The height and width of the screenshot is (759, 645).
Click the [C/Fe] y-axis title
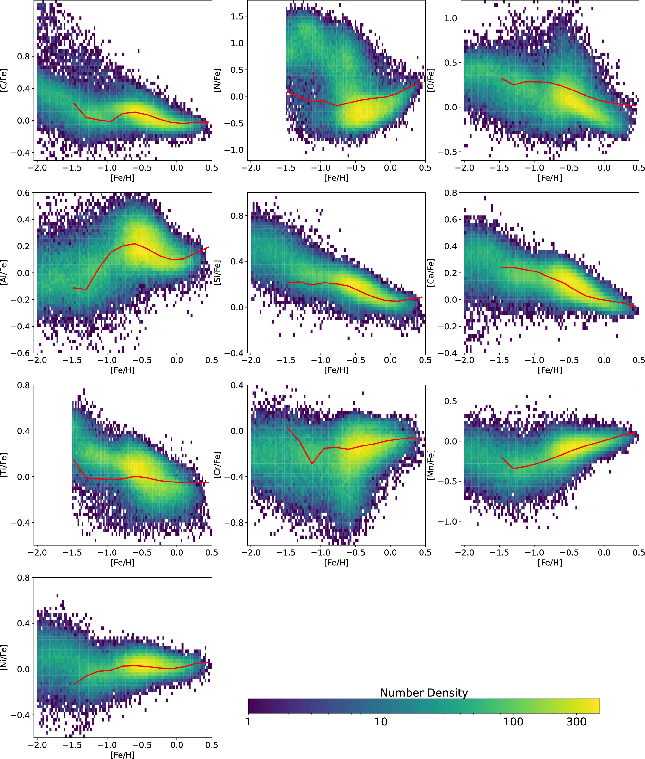[4, 80]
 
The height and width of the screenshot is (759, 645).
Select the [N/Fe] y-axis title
[217, 80]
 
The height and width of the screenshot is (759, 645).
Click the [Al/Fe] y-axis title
[4, 272]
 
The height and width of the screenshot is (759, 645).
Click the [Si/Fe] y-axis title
[217, 272]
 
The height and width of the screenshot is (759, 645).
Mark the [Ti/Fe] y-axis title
[4, 465]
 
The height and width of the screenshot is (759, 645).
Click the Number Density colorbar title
[424, 693]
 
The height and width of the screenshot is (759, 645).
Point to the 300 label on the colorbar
[576, 722]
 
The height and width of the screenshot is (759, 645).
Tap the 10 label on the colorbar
[380, 722]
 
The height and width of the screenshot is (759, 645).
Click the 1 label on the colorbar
[249, 722]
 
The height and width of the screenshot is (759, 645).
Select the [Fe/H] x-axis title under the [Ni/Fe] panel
[122, 755]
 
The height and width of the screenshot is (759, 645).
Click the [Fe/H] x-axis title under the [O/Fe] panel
[550, 178]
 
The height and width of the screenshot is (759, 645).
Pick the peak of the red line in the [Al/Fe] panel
[135, 244]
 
